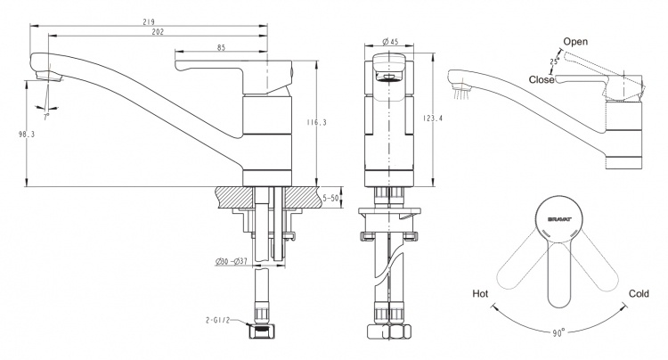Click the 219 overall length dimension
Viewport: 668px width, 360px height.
(x=149, y=21)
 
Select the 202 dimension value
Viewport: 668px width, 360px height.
(x=158, y=32)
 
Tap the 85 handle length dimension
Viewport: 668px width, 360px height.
(x=222, y=48)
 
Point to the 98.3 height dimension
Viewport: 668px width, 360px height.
(x=27, y=135)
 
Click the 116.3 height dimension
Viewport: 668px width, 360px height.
(x=317, y=123)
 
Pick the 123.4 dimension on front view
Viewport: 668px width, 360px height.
(x=433, y=119)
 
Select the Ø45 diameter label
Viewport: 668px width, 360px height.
(x=390, y=41)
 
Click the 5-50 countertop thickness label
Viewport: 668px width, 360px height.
(x=330, y=198)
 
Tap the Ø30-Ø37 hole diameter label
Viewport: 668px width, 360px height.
(x=232, y=262)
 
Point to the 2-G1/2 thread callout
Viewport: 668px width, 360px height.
(x=217, y=320)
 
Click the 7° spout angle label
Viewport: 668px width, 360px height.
(x=46, y=116)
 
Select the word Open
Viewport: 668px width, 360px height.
(x=575, y=42)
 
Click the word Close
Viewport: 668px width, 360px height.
(x=542, y=79)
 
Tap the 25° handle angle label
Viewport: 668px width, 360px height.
(x=554, y=61)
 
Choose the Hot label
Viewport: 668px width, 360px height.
(x=480, y=293)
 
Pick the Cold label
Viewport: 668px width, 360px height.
(x=639, y=293)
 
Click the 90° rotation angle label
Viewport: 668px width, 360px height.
(x=558, y=332)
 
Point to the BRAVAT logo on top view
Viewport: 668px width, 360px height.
(x=560, y=220)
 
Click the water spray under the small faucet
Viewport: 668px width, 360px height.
(x=461, y=94)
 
